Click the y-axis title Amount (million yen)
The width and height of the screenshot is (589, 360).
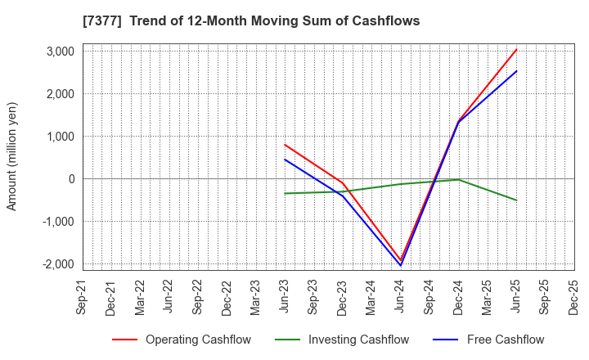(12, 156)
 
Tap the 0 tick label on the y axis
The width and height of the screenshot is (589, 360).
(71, 179)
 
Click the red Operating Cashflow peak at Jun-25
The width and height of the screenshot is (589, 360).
(516, 49)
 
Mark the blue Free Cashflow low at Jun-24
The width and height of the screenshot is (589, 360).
(401, 265)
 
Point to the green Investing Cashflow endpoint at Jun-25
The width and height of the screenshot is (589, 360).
(516, 200)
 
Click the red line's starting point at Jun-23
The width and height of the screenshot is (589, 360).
(285, 145)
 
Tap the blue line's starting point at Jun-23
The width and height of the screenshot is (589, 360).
(285, 160)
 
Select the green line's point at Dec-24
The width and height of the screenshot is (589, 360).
(459, 180)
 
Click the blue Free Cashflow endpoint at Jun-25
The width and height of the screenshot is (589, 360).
(516, 70)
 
